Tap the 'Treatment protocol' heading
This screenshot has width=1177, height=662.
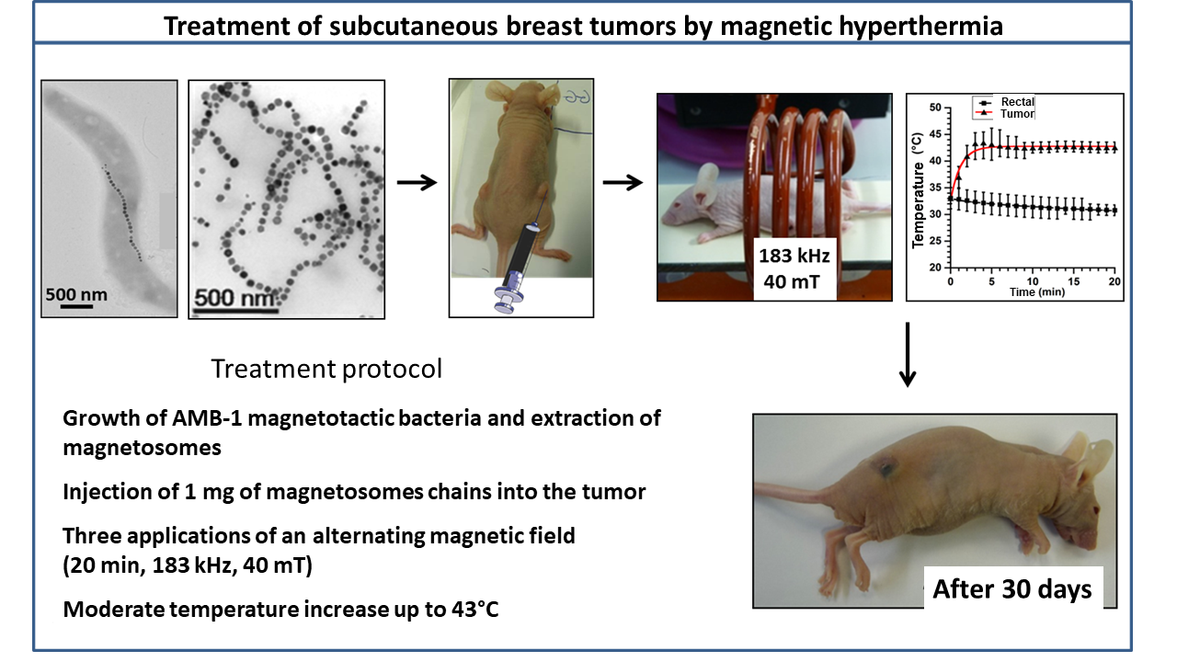coord(326,369)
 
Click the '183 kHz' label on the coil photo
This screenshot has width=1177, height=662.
coord(794,256)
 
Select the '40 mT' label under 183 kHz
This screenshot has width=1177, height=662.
coord(792,282)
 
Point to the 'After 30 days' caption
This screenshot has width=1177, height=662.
coord(1012,589)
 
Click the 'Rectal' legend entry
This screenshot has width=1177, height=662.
coord(1017,101)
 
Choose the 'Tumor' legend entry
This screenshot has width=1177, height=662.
coord(1017,113)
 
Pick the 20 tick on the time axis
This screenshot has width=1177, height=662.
coord(1114,281)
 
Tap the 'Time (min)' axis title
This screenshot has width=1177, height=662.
coord(1037,292)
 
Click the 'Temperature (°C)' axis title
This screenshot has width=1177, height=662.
coord(918,189)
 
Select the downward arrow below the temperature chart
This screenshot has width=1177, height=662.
coord(908,355)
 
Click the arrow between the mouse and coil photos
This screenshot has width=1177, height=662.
coord(623,182)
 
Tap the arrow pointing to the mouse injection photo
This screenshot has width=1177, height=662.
coord(417,182)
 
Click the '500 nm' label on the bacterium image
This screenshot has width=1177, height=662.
coord(76,294)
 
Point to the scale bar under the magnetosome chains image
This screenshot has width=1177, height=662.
coord(236,311)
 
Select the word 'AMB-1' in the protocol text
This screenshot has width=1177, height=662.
coord(207,418)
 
